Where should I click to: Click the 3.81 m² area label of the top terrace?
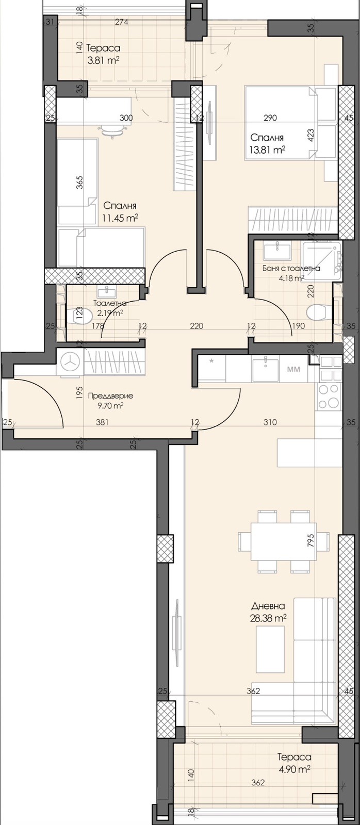pyautogui.click(x=103, y=60)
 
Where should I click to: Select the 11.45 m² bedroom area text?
pyautogui.click(x=121, y=218)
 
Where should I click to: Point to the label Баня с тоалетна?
pyautogui.click(x=291, y=269)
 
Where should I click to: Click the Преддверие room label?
pyautogui.click(x=110, y=396)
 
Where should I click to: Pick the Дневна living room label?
pyautogui.click(x=268, y=606)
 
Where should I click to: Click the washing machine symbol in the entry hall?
pyautogui.click(x=70, y=363)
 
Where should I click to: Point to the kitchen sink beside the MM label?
pyautogui.click(x=266, y=369)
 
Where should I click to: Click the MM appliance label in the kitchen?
pyautogui.click(x=293, y=369)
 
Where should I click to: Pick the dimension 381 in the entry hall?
pyautogui.click(x=102, y=422)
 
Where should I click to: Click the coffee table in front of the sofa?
pyautogui.click(x=270, y=649)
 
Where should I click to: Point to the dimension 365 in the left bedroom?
pyautogui.click(x=80, y=183)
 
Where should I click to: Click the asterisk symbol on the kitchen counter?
pyautogui.click(x=211, y=361)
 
